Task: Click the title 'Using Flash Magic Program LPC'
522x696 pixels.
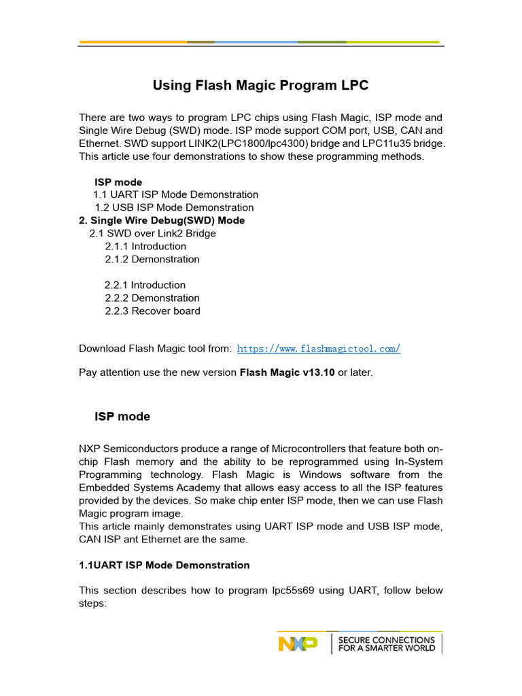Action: pos(260,86)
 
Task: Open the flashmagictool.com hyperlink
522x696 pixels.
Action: pos(318,349)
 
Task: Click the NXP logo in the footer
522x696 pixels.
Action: pos(298,643)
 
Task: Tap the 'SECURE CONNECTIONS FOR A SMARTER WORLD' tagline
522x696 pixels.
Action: pos(386,644)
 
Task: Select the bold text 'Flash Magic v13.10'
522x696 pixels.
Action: pos(287,373)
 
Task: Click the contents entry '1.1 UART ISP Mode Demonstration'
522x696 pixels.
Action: pos(175,194)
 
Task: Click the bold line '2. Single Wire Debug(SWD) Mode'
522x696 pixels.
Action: pos(162,220)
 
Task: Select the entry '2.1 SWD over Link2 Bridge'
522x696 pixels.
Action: pos(152,233)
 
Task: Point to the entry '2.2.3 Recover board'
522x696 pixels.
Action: pos(152,311)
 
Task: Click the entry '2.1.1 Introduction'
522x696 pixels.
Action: pos(145,246)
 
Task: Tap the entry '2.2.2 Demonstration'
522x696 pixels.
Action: pos(152,298)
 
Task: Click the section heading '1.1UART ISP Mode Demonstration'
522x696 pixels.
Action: pos(164,565)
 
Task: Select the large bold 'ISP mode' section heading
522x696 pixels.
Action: pos(122,417)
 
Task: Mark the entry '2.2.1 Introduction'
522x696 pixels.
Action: pos(145,285)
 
